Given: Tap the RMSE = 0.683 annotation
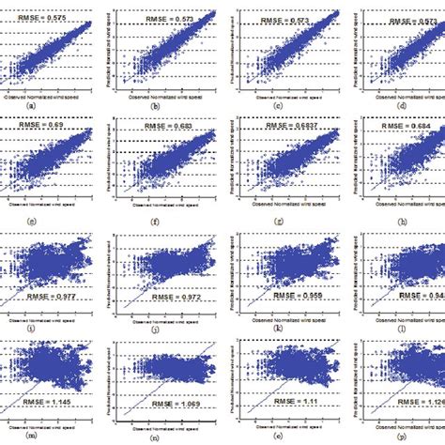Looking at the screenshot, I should point(169,124).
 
